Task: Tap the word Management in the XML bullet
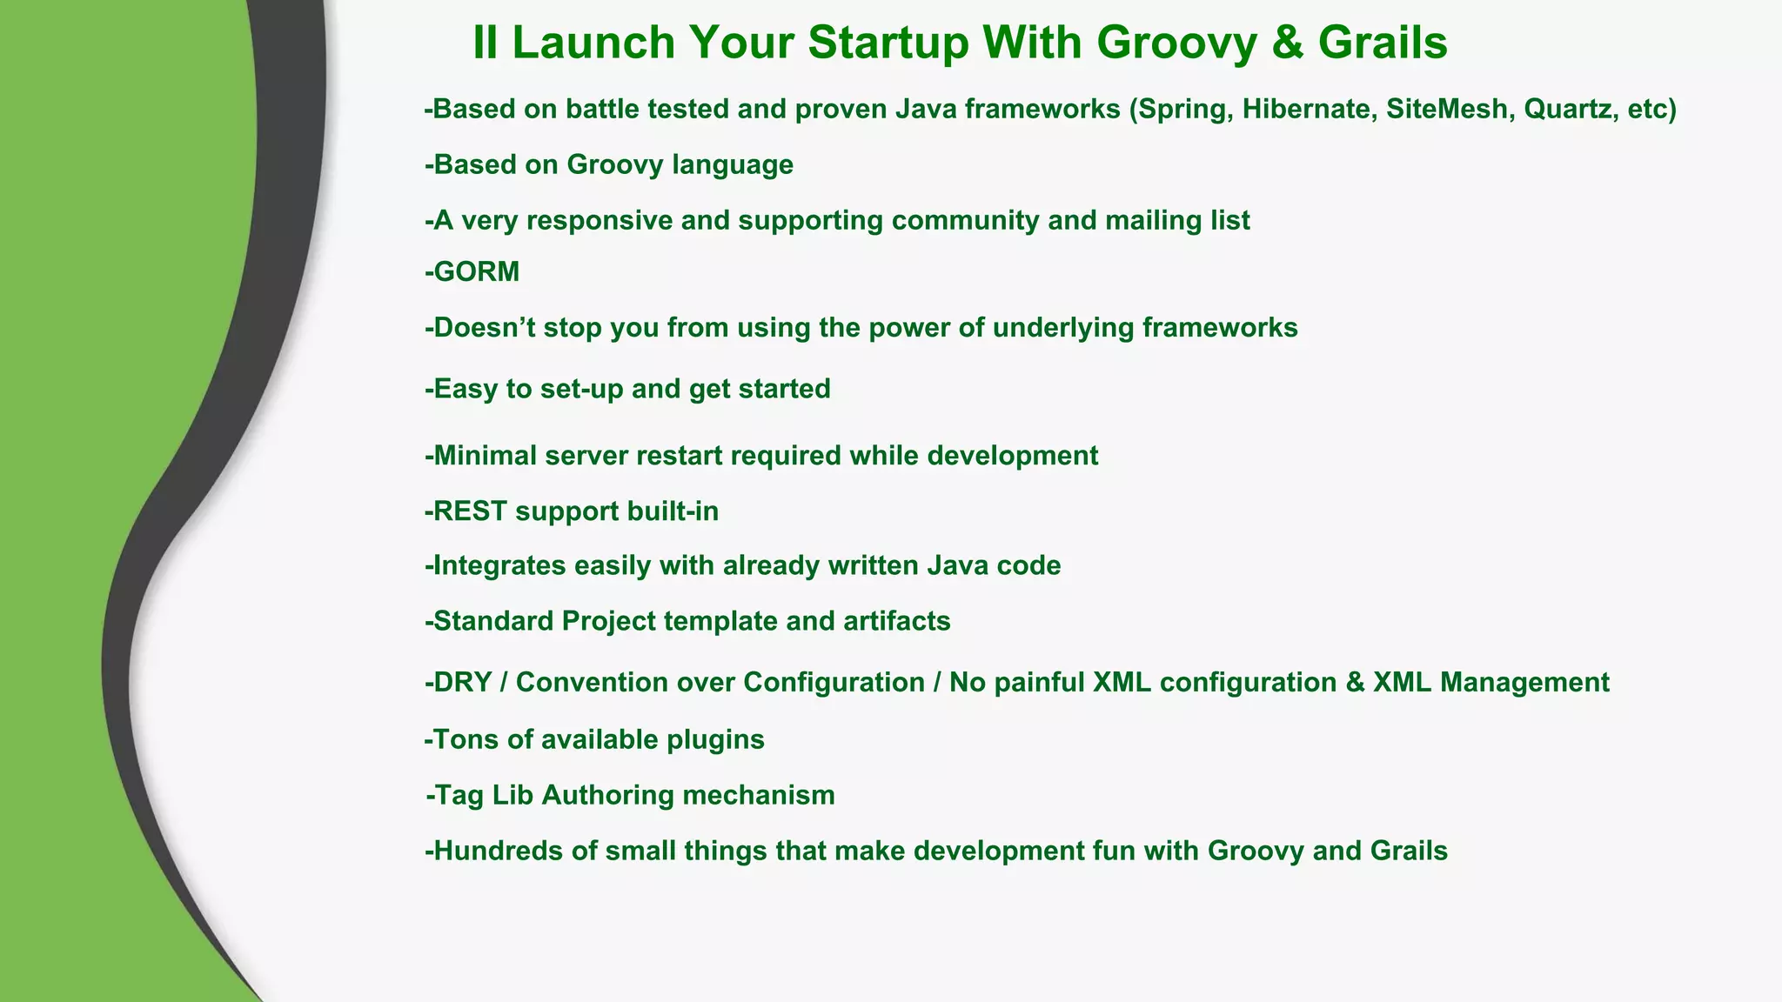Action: click(1524, 682)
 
